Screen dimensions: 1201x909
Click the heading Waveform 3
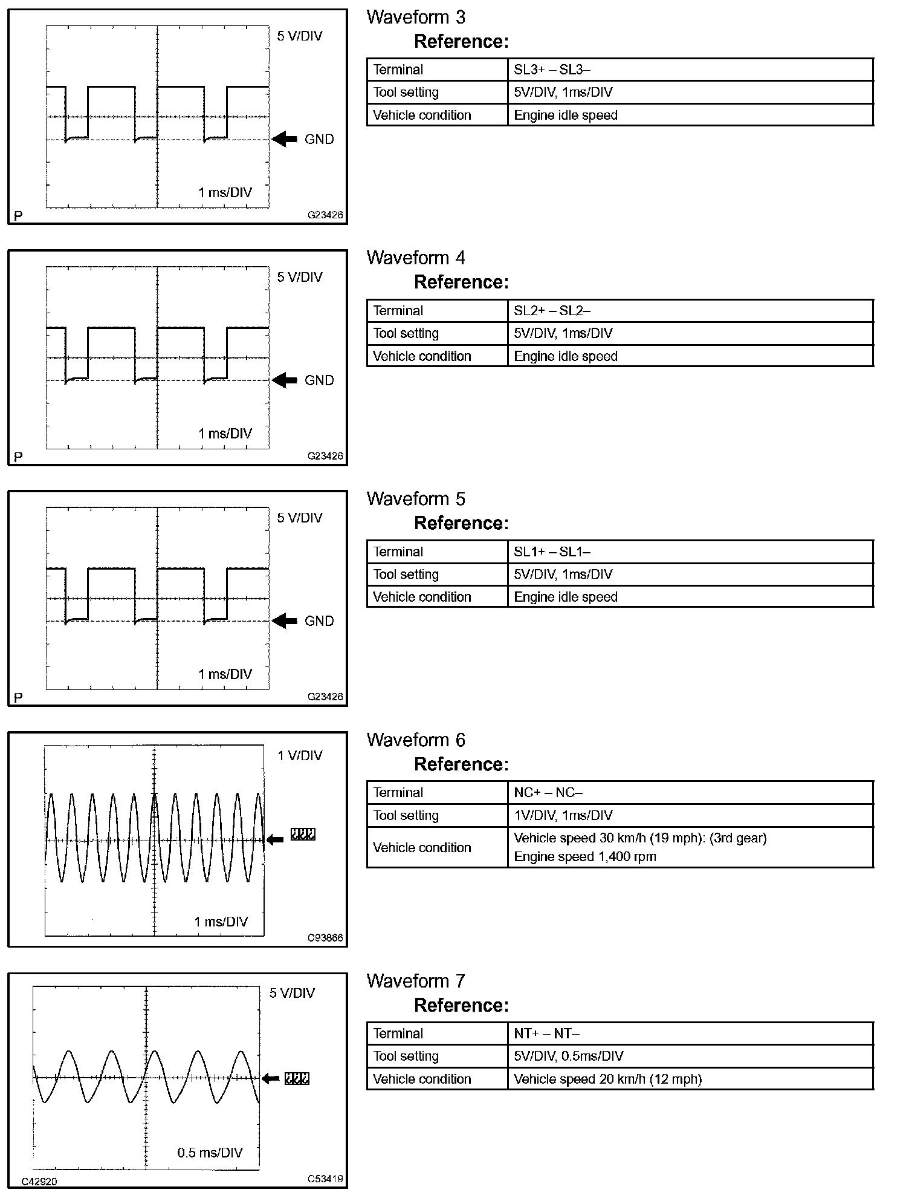pyautogui.click(x=416, y=18)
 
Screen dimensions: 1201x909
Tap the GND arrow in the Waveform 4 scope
pyautogui.click(x=285, y=380)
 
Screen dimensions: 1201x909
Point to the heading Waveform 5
pyautogui.click(x=416, y=499)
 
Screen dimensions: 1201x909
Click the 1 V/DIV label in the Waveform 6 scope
pyautogui.click(x=300, y=755)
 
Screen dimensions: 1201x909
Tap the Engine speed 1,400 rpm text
pyautogui.click(x=584, y=856)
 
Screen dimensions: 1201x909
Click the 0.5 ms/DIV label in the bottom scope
pyautogui.click(x=210, y=1153)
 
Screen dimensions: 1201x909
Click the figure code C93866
pyautogui.click(x=325, y=938)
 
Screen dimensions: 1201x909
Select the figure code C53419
pyautogui.click(x=325, y=1179)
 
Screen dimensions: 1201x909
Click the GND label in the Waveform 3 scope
pyautogui.click(x=319, y=139)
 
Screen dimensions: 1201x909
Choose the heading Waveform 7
pyautogui.click(x=416, y=981)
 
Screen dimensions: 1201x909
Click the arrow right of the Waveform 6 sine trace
pyautogui.click(x=275, y=839)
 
